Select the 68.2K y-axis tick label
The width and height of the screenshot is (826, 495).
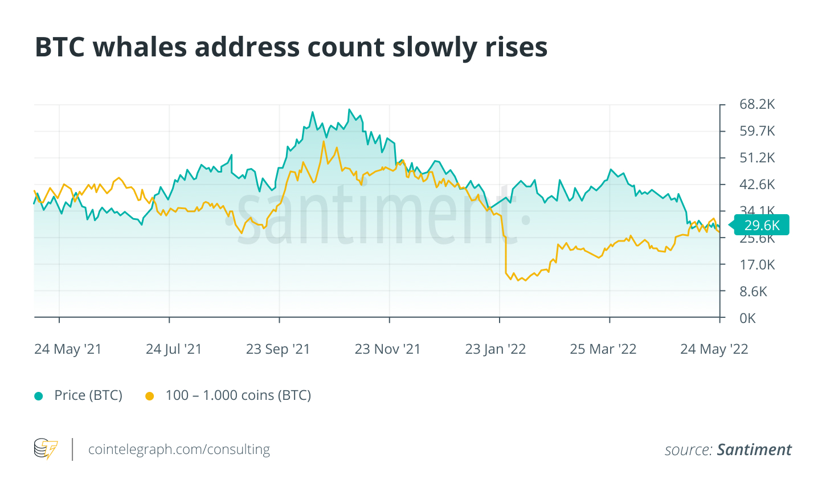tap(757, 104)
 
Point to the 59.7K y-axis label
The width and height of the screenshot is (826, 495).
tap(757, 131)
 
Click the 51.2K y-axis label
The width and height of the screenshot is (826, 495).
tap(757, 158)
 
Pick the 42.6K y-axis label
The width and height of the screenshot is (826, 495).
tap(757, 185)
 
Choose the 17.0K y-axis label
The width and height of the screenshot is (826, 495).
tap(757, 265)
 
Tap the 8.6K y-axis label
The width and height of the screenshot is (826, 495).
tap(753, 292)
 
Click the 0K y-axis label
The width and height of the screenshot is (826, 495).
tap(747, 318)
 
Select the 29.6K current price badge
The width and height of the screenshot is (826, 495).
tap(761, 225)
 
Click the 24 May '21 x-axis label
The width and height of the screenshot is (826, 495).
tap(68, 349)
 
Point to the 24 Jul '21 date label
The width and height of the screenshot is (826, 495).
tap(174, 349)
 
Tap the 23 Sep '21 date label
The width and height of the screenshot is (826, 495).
tap(278, 349)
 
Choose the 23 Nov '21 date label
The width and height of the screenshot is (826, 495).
tap(387, 349)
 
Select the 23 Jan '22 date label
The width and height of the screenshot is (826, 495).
tap(496, 349)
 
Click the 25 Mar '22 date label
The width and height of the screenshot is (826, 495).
tap(603, 349)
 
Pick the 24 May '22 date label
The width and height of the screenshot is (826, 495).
tap(714, 349)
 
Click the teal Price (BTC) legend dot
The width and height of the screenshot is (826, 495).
tap(39, 396)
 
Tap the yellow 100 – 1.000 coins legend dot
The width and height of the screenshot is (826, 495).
tap(150, 396)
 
